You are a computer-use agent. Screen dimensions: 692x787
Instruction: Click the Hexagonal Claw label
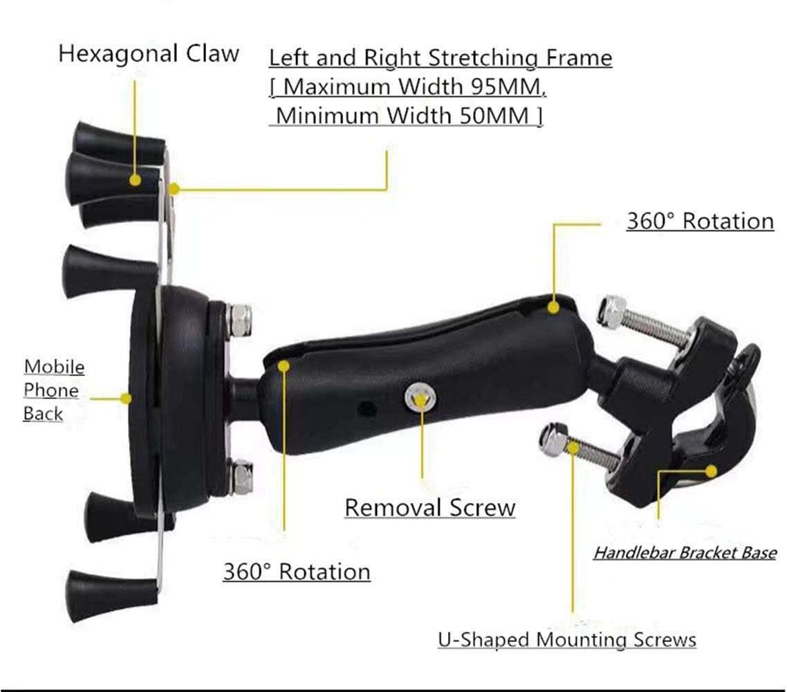tap(149, 53)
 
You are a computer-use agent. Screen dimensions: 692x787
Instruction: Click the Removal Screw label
tap(429, 507)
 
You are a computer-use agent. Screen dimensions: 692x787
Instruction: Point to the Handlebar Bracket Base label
tap(684, 553)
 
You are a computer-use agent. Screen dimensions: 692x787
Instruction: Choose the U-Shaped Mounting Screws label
tap(566, 639)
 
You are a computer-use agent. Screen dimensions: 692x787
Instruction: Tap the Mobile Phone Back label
tap(53, 390)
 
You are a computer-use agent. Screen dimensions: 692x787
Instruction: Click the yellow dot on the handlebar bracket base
tap(710, 471)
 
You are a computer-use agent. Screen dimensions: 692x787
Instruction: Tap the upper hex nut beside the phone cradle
tap(241, 319)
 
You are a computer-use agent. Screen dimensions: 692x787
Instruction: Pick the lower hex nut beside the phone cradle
tap(241, 477)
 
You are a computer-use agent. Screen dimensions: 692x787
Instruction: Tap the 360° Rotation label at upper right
tap(700, 221)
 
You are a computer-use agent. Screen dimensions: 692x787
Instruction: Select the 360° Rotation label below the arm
tap(296, 572)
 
